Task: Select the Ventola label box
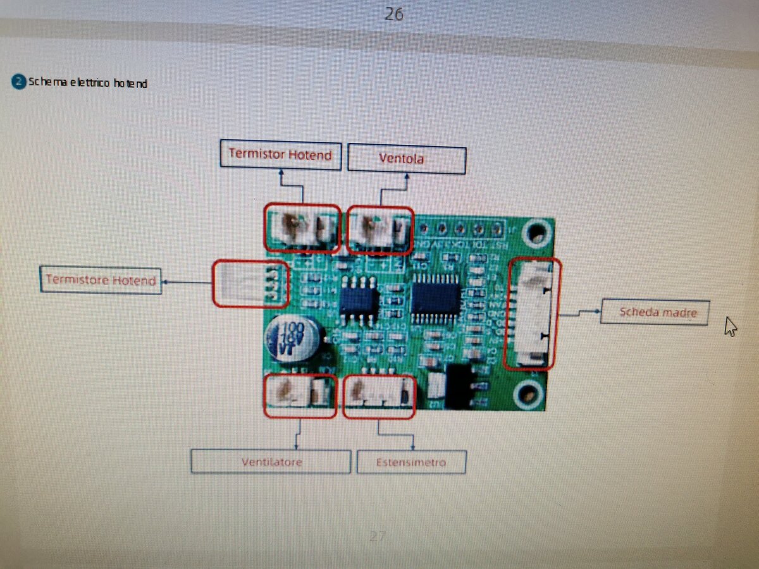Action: click(x=407, y=159)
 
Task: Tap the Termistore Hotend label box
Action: click(x=101, y=280)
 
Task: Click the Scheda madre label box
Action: click(x=654, y=312)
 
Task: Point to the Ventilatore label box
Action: click(x=271, y=462)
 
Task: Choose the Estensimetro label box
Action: click(x=411, y=462)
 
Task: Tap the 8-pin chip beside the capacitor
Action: click(x=359, y=298)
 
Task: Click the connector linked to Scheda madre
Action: click(x=532, y=314)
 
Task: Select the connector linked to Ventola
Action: click(x=381, y=229)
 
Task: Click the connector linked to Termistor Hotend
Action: click(x=302, y=228)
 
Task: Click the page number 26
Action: click(x=393, y=14)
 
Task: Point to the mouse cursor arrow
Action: click(x=730, y=326)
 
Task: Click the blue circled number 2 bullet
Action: click(x=19, y=82)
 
